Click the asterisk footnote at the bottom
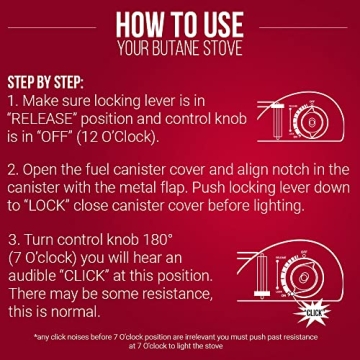click(180, 340)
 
